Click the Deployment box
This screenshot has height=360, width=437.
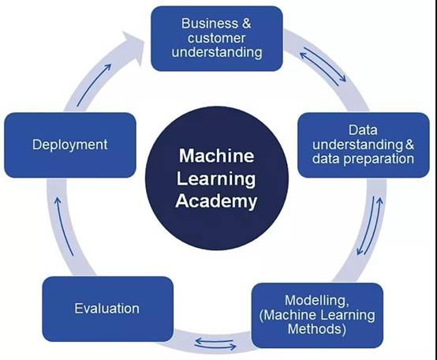click(70, 145)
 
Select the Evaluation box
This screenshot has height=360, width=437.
click(107, 309)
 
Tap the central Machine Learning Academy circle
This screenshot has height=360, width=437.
click(217, 178)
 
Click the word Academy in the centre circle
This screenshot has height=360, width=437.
click(216, 201)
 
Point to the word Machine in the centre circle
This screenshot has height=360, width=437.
click(217, 156)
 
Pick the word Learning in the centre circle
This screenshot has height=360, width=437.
click(216, 179)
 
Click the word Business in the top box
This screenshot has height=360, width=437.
click(210, 23)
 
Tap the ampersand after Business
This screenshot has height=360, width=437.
click(246, 23)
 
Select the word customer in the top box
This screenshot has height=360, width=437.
click(216, 38)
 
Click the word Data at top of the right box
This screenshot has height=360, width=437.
click(363, 130)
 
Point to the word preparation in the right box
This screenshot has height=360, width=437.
click(379, 159)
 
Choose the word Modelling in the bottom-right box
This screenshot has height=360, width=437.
click(316, 300)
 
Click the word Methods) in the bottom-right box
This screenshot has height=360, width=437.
click(316, 329)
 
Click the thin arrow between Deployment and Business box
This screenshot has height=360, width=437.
click(94, 85)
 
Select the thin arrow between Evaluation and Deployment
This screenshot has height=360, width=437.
click(64, 226)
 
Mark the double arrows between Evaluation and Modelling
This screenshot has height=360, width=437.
click(215, 344)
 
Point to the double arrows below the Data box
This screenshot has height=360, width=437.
click(370, 226)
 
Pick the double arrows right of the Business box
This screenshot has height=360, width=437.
click(323, 66)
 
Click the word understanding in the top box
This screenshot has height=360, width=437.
click(217, 53)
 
